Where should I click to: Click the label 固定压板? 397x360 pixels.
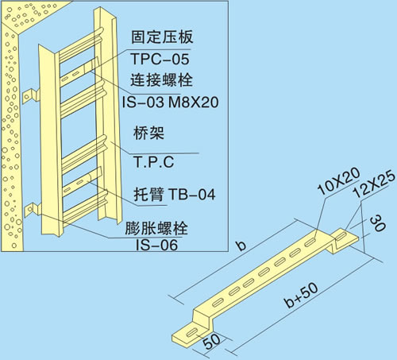tap(162, 37)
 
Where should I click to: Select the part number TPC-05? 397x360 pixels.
tap(160, 59)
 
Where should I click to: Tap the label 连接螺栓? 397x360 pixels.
tap(161, 79)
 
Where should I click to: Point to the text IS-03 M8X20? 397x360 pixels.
tap(170, 102)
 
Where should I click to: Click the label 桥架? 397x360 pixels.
tap(148, 133)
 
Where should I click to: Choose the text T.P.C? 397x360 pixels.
tap(153, 161)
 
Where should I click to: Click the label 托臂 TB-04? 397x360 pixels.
tap(175, 194)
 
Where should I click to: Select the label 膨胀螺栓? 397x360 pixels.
tap(156, 228)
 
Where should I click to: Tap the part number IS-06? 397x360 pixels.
tap(156, 245)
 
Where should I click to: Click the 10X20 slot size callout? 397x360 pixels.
tap(339, 181)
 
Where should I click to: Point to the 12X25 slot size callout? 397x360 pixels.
tap(375, 184)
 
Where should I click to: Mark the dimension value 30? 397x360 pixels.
tap(378, 223)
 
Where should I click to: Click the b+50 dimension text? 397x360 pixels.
tap(301, 296)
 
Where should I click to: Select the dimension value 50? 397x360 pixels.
tap(211, 341)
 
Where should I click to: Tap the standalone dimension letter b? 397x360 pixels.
tap(241, 246)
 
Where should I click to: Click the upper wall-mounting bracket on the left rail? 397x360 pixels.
tap(29, 96)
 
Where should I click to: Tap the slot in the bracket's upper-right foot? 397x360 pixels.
tap(341, 235)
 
